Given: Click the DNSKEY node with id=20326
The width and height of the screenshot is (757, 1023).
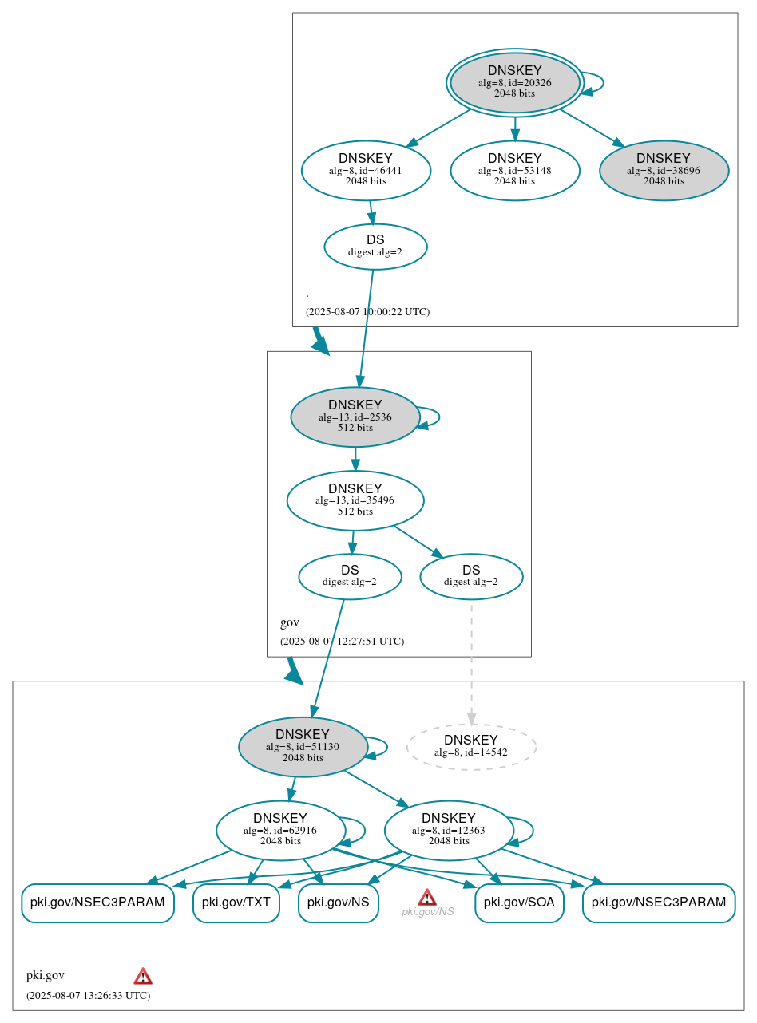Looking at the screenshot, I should tap(515, 82).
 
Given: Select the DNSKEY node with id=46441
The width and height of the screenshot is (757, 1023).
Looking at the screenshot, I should tap(366, 170).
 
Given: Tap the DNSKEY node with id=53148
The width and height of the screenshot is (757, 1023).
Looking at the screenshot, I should tap(515, 170).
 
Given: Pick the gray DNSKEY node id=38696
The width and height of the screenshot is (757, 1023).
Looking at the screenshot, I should tap(664, 170).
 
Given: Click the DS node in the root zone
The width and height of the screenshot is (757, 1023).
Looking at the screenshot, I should tap(375, 247).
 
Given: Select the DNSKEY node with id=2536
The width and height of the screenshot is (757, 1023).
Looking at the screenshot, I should tap(355, 417).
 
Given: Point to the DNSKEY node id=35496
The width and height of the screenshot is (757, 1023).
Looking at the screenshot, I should tap(355, 500).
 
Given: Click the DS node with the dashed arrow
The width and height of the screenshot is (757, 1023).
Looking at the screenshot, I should tap(471, 576).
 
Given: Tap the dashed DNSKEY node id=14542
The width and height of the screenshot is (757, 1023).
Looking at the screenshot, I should tap(471, 747).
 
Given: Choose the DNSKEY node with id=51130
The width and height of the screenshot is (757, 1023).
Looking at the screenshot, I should tap(303, 747).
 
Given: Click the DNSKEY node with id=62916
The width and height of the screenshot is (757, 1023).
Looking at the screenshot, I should tap(280, 831).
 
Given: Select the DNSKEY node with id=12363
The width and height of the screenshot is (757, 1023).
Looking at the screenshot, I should tap(449, 831).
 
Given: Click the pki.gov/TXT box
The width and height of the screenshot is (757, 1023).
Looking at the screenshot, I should tap(236, 903).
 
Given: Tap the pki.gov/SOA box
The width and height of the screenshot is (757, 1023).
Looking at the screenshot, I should tap(520, 903).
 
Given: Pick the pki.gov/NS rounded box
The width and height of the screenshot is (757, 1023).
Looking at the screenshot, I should tap(339, 903).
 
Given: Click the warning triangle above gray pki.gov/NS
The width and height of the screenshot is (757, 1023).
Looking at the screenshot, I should tap(427, 897).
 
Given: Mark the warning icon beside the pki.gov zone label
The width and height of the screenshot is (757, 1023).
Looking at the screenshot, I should tap(143, 976).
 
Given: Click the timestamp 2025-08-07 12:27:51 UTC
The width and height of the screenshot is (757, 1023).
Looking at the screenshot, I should tap(342, 642).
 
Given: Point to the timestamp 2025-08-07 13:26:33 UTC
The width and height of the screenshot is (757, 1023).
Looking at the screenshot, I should tap(88, 996).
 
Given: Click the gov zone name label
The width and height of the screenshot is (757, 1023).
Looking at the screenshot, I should tap(289, 622).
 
